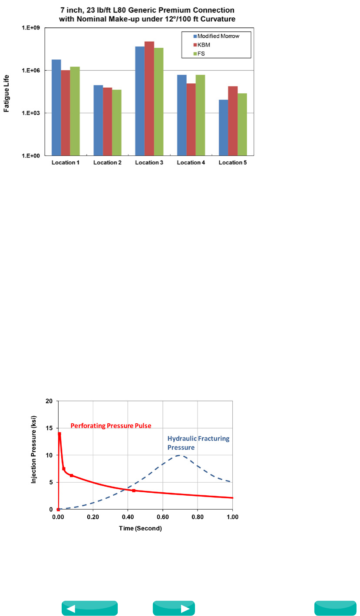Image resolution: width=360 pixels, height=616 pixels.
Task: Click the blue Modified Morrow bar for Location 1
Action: point(56,107)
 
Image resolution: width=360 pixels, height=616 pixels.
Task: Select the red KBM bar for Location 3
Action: point(149,98)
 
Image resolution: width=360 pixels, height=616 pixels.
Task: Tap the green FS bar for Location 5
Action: point(242,124)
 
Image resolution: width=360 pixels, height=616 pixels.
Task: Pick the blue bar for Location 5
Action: point(223,128)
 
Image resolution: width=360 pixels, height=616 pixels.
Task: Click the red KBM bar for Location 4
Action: point(191,119)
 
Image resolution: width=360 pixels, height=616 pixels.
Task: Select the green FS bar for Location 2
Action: point(117,122)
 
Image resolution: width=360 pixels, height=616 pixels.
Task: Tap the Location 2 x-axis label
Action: point(107,163)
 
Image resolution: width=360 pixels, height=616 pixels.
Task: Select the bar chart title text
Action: point(147,14)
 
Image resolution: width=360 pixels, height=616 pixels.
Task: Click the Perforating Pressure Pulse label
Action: point(111,426)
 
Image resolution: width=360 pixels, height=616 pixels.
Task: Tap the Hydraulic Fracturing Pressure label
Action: point(198,443)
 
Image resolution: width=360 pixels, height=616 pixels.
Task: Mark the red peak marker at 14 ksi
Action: point(59,434)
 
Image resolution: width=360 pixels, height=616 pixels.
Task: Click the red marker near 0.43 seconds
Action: point(134,491)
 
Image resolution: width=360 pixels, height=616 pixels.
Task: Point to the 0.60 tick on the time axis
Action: point(163,517)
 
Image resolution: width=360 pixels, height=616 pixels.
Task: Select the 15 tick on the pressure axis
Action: point(50,428)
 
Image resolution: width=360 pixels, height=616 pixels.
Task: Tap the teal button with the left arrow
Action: point(89,608)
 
